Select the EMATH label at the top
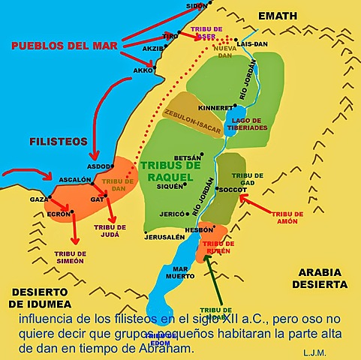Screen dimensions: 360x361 coord(277,15)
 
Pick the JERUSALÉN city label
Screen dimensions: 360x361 coord(164,237)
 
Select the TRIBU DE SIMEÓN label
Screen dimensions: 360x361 coord(69,257)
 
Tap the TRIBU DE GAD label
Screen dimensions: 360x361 coord(247,178)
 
